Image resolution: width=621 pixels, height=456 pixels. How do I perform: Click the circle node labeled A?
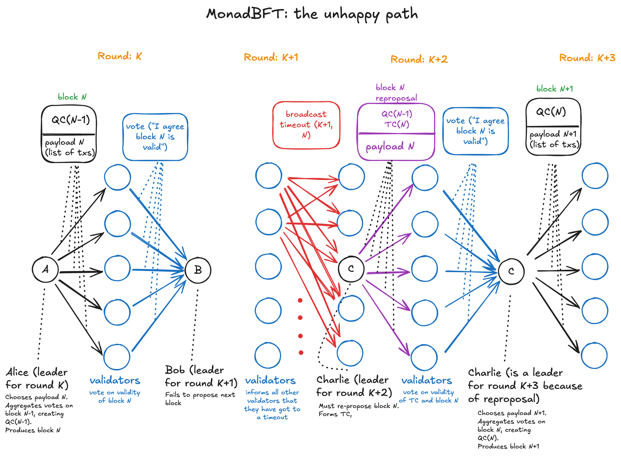click(45, 270)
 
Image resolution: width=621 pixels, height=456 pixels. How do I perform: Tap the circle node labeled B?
click(198, 270)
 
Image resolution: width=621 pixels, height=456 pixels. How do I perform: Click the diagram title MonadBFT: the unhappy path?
click(312, 14)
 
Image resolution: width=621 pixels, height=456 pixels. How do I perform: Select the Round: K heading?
click(120, 56)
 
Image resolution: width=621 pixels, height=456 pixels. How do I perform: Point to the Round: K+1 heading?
click(271, 57)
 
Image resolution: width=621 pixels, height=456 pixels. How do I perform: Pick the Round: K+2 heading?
click(419, 59)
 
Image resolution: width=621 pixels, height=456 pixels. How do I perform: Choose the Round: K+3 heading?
click(587, 58)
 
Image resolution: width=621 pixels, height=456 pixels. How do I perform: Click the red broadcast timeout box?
click(306, 125)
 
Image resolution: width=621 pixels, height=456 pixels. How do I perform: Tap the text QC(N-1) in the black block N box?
click(71, 120)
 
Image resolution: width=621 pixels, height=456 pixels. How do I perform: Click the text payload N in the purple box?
click(390, 146)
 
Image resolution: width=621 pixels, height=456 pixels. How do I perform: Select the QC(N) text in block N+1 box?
click(551, 112)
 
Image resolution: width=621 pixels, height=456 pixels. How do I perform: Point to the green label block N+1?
click(554, 89)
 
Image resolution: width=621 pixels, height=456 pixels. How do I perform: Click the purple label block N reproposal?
click(396, 93)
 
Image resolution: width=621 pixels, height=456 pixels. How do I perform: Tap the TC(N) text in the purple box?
click(397, 125)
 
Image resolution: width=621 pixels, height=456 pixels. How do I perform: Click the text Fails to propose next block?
click(200, 399)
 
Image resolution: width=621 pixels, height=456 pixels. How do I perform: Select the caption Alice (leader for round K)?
click(37, 378)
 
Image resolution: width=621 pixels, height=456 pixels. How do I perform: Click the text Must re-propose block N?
click(359, 406)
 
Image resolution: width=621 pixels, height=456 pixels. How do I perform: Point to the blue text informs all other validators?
click(272, 396)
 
